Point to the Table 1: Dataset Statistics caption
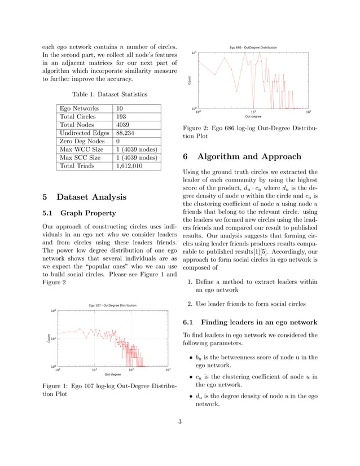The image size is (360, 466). point(109,94)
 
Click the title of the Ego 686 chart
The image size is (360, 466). point(253,47)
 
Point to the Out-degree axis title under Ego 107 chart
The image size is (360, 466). point(112,374)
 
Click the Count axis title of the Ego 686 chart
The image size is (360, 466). point(190,81)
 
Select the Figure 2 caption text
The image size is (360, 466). point(251,132)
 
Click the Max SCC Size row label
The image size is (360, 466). point(82,157)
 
